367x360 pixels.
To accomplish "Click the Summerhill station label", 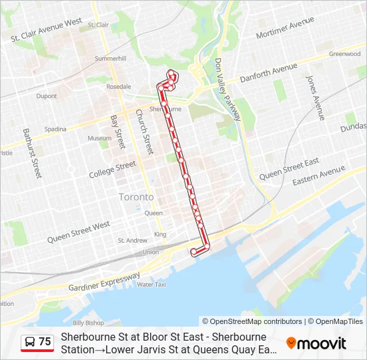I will (110, 59).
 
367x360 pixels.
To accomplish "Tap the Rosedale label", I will (119, 87).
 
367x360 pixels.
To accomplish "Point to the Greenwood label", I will (344, 54).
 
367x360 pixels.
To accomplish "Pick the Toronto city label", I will (135, 197).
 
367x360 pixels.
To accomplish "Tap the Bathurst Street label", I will (31, 153).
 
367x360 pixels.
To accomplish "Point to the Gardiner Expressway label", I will (105, 282).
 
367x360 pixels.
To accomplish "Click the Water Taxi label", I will (151, 285).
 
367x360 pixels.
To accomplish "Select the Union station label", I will (150, 252).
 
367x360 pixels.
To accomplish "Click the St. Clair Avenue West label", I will (47, 31).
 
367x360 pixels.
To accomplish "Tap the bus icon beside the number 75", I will (29, 342).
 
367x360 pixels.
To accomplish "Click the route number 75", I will (45, 342).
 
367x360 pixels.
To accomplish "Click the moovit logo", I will (316, 343).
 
